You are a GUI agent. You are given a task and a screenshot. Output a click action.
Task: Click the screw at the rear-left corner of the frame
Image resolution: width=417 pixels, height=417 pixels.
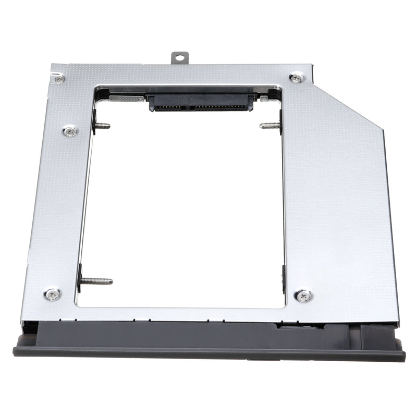[60, 79]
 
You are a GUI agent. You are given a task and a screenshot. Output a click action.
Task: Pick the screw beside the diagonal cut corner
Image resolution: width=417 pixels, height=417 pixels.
[297, 78]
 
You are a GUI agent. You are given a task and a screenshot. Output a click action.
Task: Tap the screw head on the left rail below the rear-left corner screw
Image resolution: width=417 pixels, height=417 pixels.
[70, 131]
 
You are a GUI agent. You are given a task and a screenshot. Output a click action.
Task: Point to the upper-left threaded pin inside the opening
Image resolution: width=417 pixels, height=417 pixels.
[103, 126]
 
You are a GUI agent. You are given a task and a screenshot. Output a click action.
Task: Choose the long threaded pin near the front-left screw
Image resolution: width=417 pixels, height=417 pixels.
[96, 281]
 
